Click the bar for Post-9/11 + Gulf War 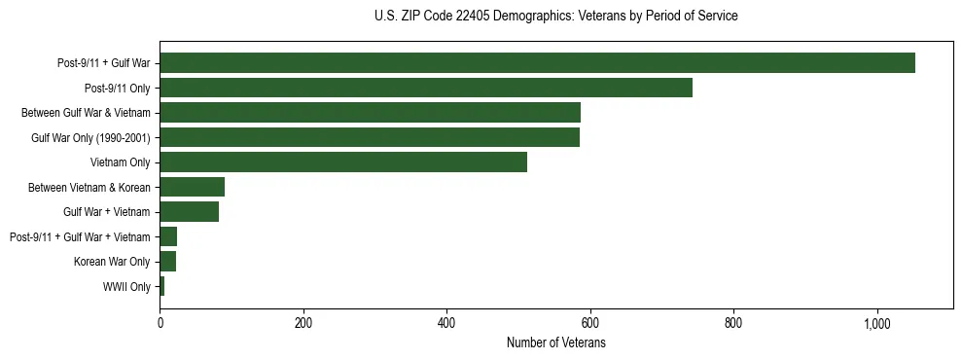[x=537, y=63]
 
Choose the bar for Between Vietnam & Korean [x=192, y=187]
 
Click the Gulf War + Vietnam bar [x=189, y=212]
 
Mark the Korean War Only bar [x=167, y=262]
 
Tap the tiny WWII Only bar [x=162, y=286]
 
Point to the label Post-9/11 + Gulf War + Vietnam [x=80, y=237]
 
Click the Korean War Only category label [x=112, y=262]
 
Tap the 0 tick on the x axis [x=160, y=324]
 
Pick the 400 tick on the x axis [x=446, y=324]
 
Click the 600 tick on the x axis [x=590, y=324]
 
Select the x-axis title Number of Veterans [x=556, y=343]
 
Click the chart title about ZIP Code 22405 [x=555, y=17]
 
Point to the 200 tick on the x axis [x=303, y=324]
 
